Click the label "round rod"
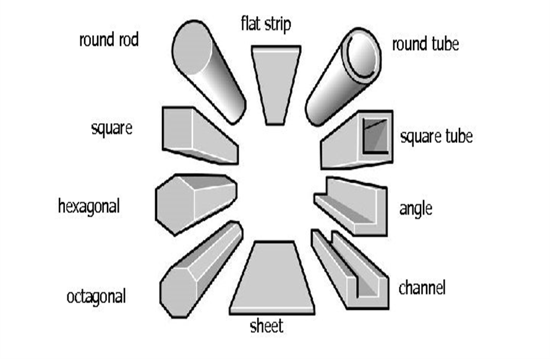click(x=109, y=41)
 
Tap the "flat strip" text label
click(x=265, y=25)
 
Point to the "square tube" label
click(x=436, y=137)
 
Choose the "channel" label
click(x=422, y=288)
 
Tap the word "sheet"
click(x=266, y=326)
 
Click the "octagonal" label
click(x=96, y=296)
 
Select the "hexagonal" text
click(x=88, y=205)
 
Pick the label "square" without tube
click(x=111, y=129)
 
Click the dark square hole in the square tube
click(x=376, y=136)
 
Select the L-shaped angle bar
click(x=352, y=207)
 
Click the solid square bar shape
click(x=198, y=136)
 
